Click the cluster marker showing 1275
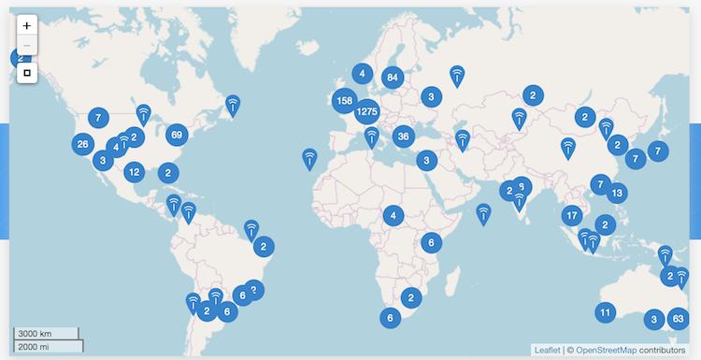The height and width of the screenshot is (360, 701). pyautogui.click(x=366, y=112)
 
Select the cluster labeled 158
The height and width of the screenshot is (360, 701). pyautogui.click(x=344, y=100)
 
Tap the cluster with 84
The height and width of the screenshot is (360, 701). pyautogui.click(x=392, y=78)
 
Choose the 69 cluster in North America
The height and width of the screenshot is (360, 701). pyautogui.click(x=176, y=135)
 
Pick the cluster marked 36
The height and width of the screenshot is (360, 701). pyautogui.click(x=403, y=137)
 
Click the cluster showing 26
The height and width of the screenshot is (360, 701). pyautogui.click(x=83, y=144)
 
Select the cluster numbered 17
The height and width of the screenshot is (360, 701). pyautogui.click(x=573, y=216)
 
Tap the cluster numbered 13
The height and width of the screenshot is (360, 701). pyautogui.click(x=616, y=194)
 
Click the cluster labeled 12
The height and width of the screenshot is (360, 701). pyautogui.click(x=135, y=172)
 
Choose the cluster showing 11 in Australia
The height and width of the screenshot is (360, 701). pyautogui.click(x=606, y=312)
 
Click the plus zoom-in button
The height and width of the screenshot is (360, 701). pyautogui.click(x=27, y=25)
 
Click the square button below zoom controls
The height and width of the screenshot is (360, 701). pyautogui.click(x=27, y=72)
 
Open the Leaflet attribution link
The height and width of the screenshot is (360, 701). pyautogui.click(x=547, y=350)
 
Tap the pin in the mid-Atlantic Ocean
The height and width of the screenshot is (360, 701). pyautogui.click(x=309, y=159)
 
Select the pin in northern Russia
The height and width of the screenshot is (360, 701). pyautogui.click(x=457, y=75)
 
